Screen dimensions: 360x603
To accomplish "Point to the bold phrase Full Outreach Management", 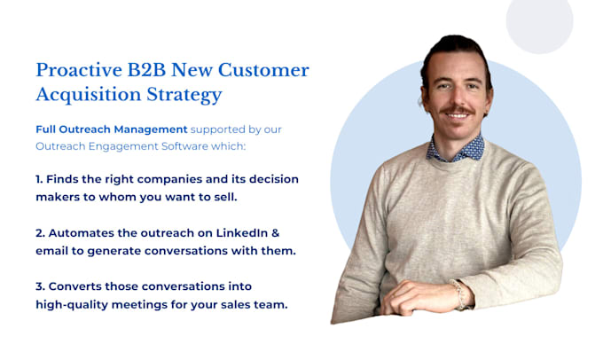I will pyautogui.click(x=112, y=129).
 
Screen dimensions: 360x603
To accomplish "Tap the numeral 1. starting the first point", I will pyautogui.click(x=40, y=179).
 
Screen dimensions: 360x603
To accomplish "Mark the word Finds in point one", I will pyautogui.click(x=67, y=179).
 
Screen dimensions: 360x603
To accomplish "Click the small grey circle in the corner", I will pyautogui.click(x=539, y=25).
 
